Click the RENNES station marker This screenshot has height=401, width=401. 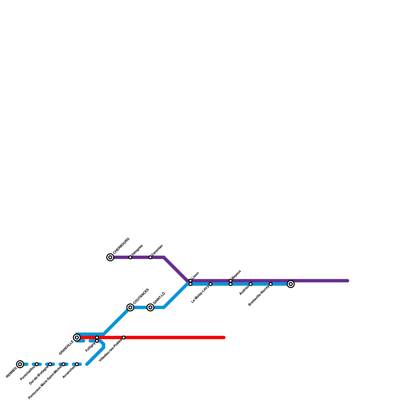[20, 364]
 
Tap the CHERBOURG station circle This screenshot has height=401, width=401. [110, 257]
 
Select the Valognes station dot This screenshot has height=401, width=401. [130, 257]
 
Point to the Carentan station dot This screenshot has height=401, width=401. [150, 257]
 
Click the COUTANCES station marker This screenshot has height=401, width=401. [130, 307]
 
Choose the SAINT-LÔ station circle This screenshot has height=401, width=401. [150, 307]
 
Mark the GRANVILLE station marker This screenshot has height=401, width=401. [77, 338]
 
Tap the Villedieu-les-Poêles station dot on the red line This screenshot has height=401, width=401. [124, 338]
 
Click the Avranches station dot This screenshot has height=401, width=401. [77, 364]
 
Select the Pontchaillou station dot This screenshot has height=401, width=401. [37, 364]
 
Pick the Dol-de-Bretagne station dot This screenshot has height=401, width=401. [50, 364]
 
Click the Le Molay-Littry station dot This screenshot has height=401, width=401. [211, 284]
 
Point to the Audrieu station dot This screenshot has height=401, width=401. [251, 284]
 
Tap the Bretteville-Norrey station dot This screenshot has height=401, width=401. [271, 284]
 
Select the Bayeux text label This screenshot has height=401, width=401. [236, 274]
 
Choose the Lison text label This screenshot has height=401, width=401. [195, 275]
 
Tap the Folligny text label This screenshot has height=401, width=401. [90, 347]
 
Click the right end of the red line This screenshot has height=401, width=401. [224, 338]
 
